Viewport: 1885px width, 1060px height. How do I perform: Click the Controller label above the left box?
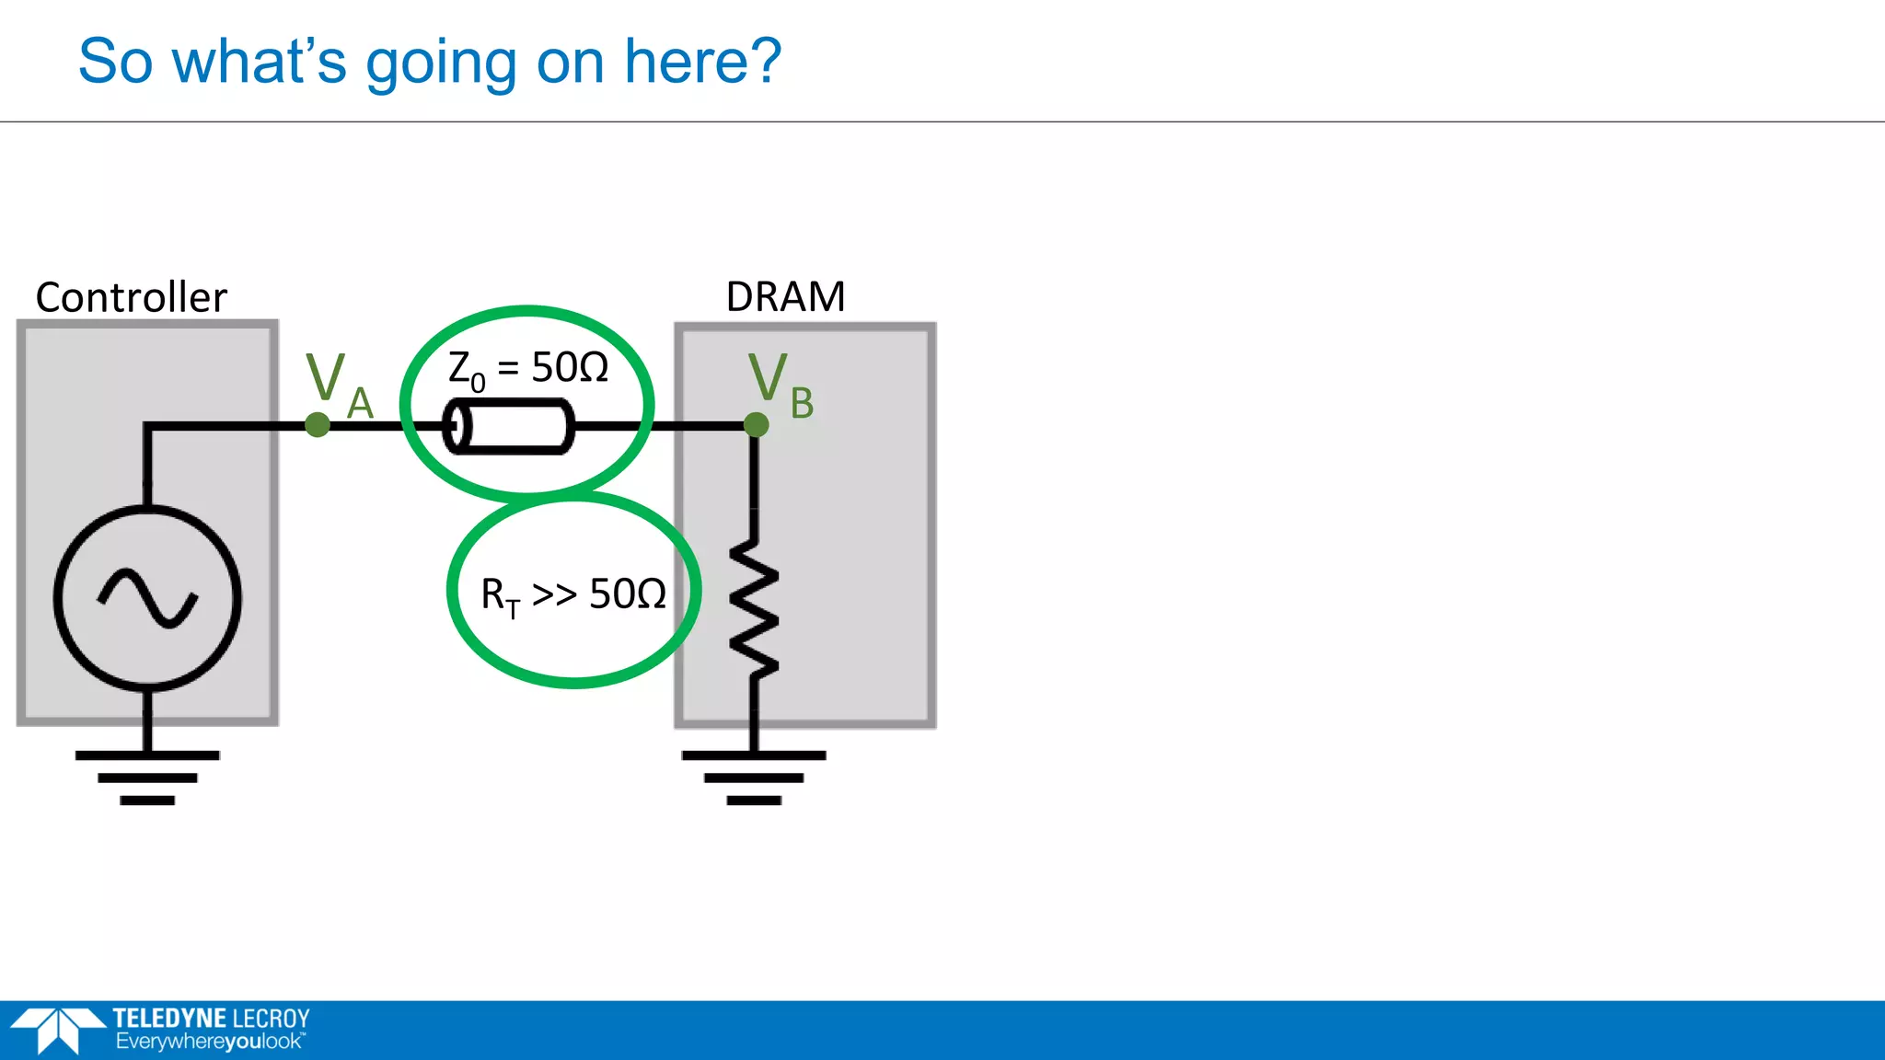click(x=131, y=297)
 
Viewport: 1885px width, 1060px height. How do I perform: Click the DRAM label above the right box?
click(x=785, y=296)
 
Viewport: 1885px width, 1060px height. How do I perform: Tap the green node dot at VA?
click(x=318, y=425)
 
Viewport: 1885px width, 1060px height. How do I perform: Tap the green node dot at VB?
click(x=756, y=425)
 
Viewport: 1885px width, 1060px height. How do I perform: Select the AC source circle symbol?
click(x=147, y=598)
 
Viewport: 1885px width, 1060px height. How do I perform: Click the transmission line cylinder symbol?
click(x=509, y=426)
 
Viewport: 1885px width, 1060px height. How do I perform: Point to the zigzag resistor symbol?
click(x=754, y=607)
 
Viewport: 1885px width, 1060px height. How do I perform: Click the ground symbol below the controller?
click(x=147, y=778)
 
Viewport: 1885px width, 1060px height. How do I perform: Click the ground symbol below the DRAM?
click(x=754, y=778)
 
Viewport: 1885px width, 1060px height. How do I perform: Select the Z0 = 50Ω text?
click(x=528, y=369)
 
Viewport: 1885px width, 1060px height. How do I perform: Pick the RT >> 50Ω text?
click(x=573, y=594)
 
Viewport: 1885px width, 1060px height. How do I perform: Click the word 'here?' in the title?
click(x=702, y=62)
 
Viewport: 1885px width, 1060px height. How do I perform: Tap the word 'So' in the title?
click(x=115, y=62)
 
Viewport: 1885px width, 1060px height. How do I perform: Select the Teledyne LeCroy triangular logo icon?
click(x=57, y=1030)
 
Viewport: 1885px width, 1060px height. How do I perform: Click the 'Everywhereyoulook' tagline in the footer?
click(x=209, y=1042)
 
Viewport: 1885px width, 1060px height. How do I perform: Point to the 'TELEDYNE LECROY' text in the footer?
click(x=211, y=1018)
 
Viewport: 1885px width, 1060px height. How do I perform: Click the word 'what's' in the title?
click(x=260, y=62)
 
